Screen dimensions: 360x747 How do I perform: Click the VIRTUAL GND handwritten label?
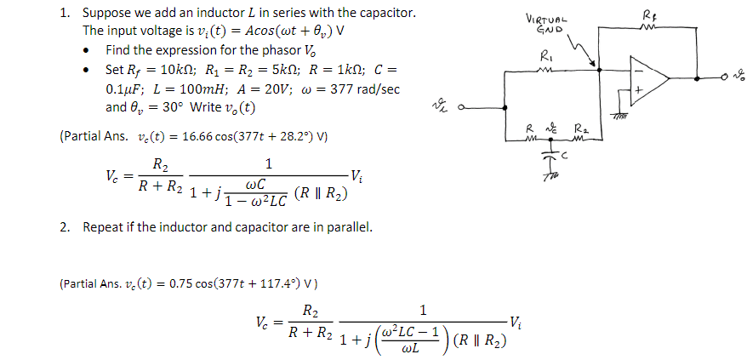tap(547, 25)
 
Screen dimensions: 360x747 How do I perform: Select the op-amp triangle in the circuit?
tap(648, 79)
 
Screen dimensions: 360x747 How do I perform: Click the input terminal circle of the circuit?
tap(460, 108)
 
